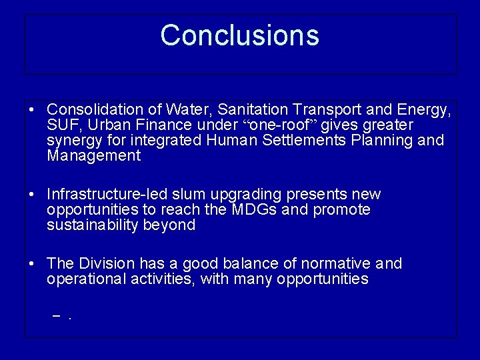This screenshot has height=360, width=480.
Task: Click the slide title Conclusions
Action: (239, 35)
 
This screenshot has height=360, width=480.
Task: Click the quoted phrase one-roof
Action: (279, 125)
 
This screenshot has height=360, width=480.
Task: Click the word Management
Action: (94, 156)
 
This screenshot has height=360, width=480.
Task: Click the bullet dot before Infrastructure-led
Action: (32, 195)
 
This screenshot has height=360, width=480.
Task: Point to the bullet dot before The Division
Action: (32, 264)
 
